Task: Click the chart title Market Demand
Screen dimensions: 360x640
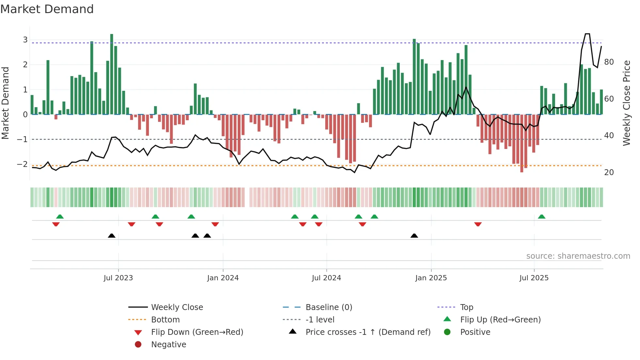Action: pyautogui.click(x=47, y=9)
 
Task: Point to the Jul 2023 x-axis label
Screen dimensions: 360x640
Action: pyautogui.click(x=118, y=278)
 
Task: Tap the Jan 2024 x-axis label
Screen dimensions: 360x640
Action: pyautogui.click(x=223, y=278)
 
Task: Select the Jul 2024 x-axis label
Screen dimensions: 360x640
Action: pyautogui.click(x=327, y=278)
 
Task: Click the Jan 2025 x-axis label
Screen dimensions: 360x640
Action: pyautogui.click(x=431, y=278)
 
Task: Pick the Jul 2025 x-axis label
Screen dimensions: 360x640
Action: pyautogui.click(x=534, y=278)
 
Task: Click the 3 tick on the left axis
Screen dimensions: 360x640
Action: pyautogui.click(x=25, y=40)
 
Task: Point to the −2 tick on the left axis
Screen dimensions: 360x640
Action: pyautogui.click(x=23, y=164)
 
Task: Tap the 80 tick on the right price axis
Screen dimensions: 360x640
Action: pyautogui.click(x=609, y=62)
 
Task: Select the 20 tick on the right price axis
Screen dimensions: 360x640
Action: pyautogui.click(x=609, y=172)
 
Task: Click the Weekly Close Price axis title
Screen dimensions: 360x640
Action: pyautogui.click(x=626, y=103)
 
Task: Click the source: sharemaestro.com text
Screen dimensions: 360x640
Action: pyautogui.click(x=578, y=256)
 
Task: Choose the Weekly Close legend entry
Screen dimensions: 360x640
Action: pyautogui.click(x=177, y=307)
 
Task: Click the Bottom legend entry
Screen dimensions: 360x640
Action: pyautogui.click(x=165, y=320)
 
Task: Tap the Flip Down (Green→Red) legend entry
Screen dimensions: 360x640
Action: pyautogui.click(x=197, y=332)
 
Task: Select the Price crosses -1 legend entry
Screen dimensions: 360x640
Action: pyautogui.click(x=368, y=332)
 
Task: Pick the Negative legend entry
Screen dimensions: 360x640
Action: pyautogui.click(x=168, y=345)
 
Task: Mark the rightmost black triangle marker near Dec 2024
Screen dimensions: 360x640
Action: pyautogui.click(x=414, y=236)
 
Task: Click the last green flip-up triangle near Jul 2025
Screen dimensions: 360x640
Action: pyautogui.click(x=541, y=217)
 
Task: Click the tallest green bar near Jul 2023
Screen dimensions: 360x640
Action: pyautogui.click(x=112, y=74)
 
